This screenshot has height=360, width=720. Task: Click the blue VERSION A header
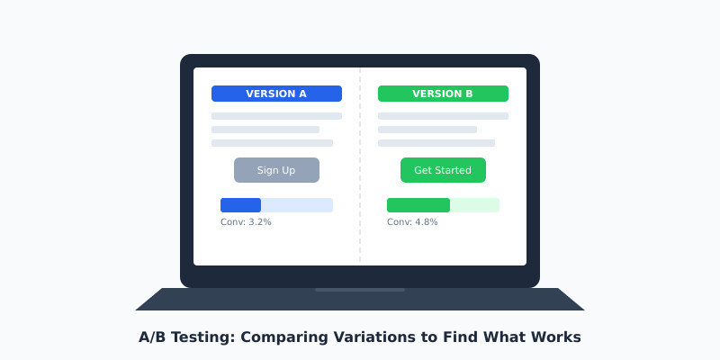[x=276, y=94]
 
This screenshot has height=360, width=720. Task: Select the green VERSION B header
[x=443, y=94]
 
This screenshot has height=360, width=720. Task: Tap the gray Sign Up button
[x=276, y=170]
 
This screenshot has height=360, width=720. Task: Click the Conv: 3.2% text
[x=246, y=222]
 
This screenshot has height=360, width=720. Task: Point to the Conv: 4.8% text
[x=412, y=222]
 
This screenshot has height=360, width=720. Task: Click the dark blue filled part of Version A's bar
[x=240, y=205]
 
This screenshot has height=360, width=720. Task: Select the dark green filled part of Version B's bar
[x=418, y=205]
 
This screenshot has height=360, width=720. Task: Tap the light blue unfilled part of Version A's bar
[x=297, y=205]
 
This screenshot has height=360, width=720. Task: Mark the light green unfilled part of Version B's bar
[x=474, y=205]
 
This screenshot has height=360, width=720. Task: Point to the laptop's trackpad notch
[x=360, y=290]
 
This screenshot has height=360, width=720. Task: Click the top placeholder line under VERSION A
[x=276, y=116]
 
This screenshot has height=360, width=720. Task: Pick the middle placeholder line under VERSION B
[x=427, y=130]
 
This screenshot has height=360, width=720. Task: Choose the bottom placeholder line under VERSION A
[x=272, y=143]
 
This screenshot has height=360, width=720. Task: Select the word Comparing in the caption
[x=287, y=337]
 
